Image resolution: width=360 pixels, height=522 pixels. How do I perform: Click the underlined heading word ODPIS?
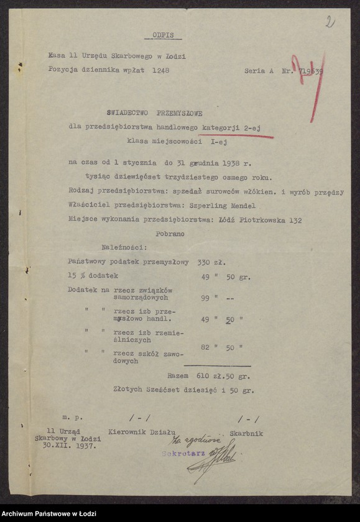[x=163, y=35]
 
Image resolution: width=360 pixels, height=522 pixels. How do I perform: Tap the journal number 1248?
[x=160, y=70]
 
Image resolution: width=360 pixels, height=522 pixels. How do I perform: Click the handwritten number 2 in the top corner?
[x=330, y=22]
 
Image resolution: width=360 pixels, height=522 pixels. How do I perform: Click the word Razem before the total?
[x=179, y=376]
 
